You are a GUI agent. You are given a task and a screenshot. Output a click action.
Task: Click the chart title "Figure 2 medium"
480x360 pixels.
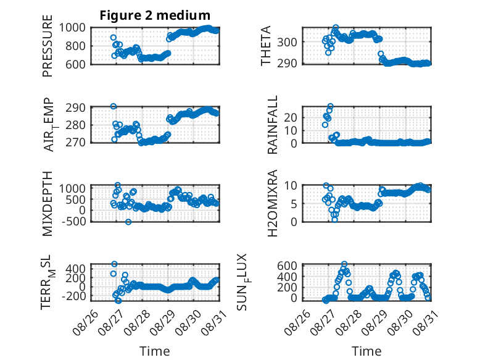(155, 15)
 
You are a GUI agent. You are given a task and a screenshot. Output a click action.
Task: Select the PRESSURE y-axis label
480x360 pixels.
(48, 46)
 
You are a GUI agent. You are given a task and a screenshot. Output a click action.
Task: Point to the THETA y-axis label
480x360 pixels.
(266, 46)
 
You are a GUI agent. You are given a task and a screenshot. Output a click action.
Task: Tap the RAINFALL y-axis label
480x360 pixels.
(272, 125)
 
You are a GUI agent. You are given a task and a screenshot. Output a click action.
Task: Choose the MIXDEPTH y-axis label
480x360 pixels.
(48, 204)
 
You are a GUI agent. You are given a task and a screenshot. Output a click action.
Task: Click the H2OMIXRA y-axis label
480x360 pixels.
(272, 203)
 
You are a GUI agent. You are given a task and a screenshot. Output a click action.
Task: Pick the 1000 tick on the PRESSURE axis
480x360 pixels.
(72, 28)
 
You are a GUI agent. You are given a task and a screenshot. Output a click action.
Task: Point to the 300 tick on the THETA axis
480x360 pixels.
(287, 42)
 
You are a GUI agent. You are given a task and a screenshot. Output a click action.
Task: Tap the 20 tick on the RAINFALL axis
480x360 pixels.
(291, 117)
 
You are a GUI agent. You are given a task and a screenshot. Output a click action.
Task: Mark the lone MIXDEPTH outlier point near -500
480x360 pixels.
(128, 222)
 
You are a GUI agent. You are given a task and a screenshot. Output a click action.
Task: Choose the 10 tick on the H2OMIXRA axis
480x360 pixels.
(291, 185)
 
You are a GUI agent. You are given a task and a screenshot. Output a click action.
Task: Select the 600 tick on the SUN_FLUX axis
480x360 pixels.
(287, 266)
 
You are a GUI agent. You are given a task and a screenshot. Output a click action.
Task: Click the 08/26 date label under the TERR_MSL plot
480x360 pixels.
(85, 322)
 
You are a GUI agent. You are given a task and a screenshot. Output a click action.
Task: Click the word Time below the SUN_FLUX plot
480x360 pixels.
(366, 351)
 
